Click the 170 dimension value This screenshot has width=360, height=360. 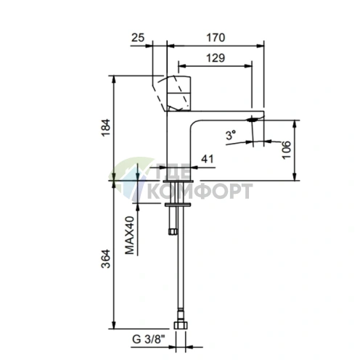pos(216,38)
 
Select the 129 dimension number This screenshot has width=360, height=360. pos(216,58)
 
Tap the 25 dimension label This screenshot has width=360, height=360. pos(138,38)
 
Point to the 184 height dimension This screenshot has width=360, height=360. pos(106,128)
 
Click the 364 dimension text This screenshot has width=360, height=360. pos(106,258)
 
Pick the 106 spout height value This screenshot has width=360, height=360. pos(287,150)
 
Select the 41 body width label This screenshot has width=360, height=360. pos(208,159)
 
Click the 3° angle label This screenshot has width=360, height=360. pos(231,135)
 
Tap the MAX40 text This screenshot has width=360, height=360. pos(129,235)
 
